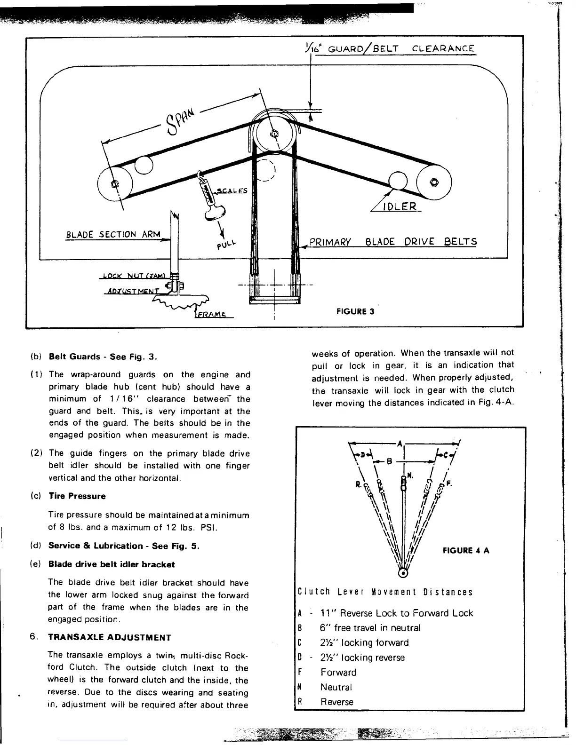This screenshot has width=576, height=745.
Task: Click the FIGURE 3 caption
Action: [x=355, y=311]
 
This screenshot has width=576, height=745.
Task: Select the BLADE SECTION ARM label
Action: [x=113, y=234]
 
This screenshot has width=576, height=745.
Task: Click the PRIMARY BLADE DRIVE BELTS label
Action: [x=393, y=242]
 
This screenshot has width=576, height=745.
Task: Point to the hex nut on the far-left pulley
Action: [x=114, y=184]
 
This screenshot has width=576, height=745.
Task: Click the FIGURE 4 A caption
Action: [x=466, y=551]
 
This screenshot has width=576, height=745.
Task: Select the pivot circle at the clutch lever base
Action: [x=403, y=572]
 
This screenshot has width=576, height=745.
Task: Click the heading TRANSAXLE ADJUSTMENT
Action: [x=110, y=638]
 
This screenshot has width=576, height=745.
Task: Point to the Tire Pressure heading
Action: [x=77, y=496]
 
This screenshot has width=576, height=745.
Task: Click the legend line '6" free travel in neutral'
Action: [x=370, y=628]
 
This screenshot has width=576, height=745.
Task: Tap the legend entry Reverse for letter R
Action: [x=336, y=702]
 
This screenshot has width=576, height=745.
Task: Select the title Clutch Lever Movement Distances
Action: [x=385, y=592]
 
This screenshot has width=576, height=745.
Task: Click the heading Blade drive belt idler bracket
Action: [x=112, y=564]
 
